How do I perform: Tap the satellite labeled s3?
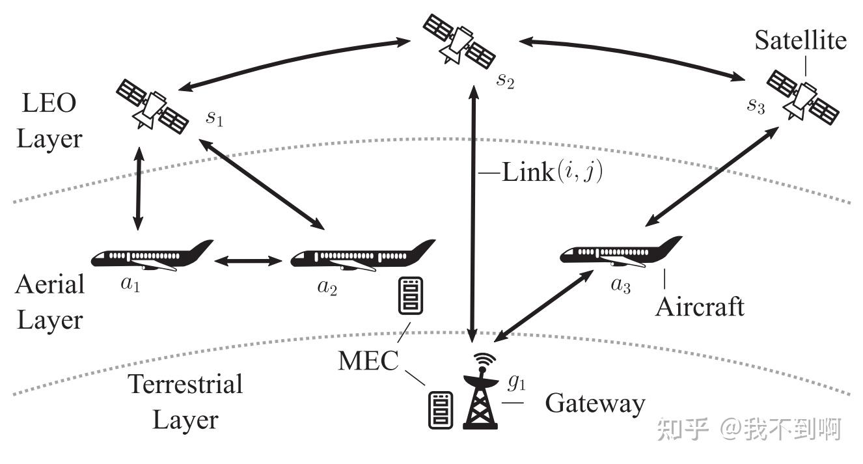point(801,95)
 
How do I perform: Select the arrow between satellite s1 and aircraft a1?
point(138,189)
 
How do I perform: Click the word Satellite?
point(801,40)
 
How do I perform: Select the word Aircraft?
point(699,306)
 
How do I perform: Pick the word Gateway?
point(594,403)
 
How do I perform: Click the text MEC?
point(368,359)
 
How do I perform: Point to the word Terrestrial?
point(185,384)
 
